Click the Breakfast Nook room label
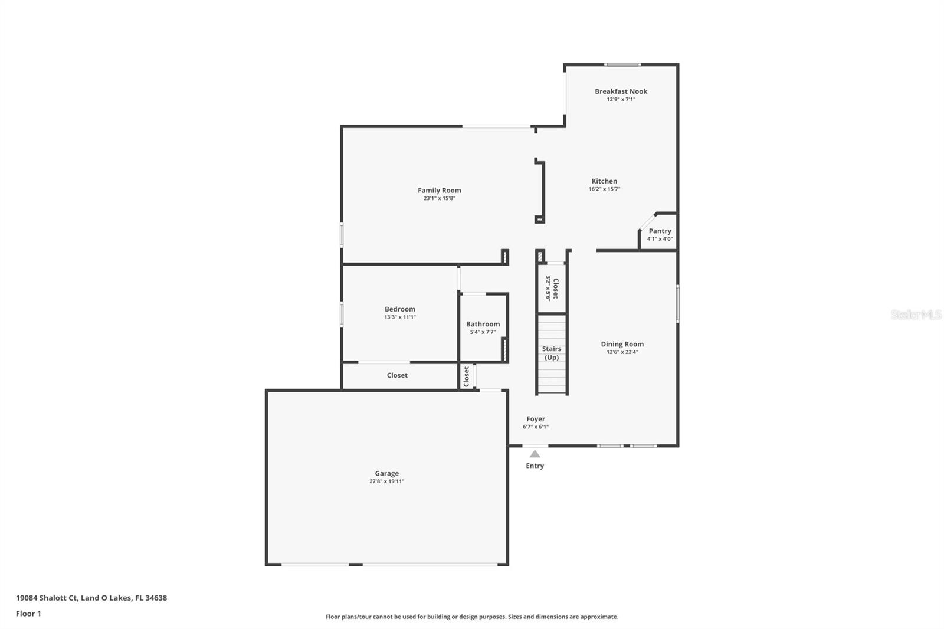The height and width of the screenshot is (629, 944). (x=621, y=91)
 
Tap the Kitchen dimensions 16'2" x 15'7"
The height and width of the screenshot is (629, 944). (x=604, y=189)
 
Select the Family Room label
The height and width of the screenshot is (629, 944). (x=439, y=190)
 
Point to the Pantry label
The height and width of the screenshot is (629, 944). (x=660, y=231)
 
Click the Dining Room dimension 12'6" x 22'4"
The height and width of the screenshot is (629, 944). (x=622, y=352)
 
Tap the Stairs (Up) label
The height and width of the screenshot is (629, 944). (x=552, y=353)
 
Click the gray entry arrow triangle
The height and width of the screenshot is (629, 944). (x=535, y=454)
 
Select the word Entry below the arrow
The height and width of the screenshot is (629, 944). (x=535, y=466)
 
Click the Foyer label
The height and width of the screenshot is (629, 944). (x=536, y=419)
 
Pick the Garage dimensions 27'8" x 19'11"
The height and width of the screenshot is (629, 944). (x=386, y=481)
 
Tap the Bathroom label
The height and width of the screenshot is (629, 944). (x=483, y=324)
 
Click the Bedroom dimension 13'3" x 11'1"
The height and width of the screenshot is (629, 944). (x=399, y=317)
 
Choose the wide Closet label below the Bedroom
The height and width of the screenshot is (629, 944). (x=397, y=375)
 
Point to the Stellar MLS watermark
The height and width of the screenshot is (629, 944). (x=916, y=314)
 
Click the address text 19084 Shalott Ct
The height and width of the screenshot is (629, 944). (x=47, y=598)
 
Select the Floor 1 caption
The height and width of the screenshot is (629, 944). (x=28, y=614)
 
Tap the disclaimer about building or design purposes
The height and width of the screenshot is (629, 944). (x=472, y=617)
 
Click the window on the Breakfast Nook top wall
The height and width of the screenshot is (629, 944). (x=622, y=64)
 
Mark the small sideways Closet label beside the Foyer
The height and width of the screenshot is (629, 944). (x=466, y=376)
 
